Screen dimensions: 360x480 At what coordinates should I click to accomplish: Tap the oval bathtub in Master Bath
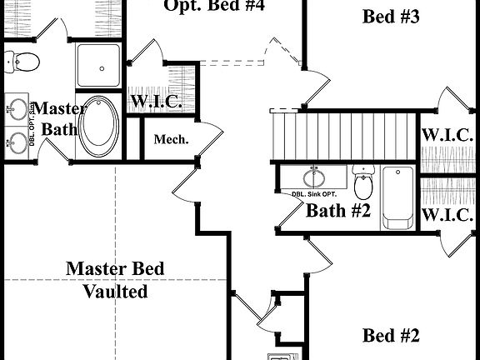[98, 127]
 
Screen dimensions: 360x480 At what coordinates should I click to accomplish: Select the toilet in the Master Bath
[22, 60]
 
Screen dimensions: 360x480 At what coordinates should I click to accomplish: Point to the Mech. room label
[171, 139]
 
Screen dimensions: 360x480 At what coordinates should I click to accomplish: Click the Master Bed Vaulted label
[115, 280]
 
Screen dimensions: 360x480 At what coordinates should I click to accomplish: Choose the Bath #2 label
[337, 211]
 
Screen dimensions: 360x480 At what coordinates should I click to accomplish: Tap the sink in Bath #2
[314, 177]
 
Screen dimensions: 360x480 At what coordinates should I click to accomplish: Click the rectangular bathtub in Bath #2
[397, 197]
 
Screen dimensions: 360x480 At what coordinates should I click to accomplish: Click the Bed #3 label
[391, 17]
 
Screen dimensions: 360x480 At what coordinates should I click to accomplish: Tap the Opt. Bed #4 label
[214, 7]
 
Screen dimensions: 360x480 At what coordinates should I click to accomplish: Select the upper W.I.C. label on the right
[447, 135]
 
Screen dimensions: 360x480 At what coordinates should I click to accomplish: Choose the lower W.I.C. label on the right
[447, 215]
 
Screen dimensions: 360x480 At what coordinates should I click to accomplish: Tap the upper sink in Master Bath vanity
[17, 107]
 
